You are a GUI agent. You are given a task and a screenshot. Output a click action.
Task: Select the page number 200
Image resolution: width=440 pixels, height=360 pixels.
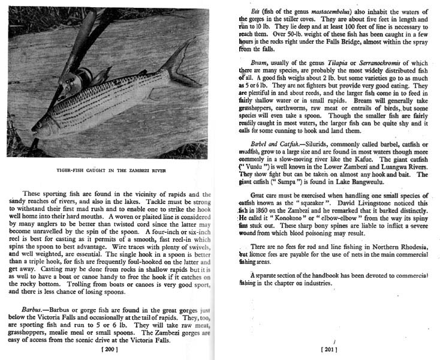110,349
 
